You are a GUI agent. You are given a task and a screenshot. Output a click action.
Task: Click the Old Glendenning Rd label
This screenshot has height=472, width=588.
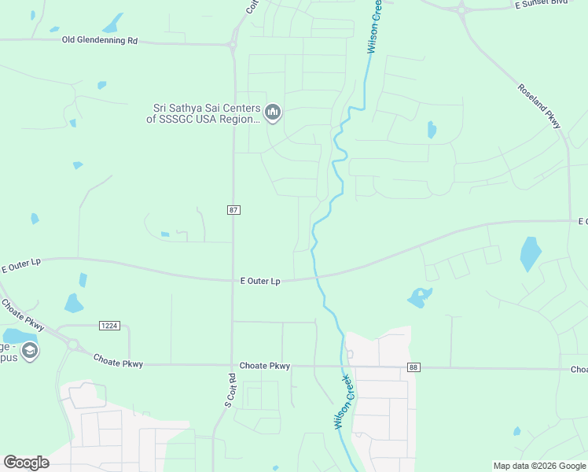click(x=100, y=40)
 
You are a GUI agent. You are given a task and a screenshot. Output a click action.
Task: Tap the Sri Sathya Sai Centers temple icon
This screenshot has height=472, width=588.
click(x=273, y=113)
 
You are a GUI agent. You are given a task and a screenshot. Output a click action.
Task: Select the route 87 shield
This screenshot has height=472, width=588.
click(x=233, y=210)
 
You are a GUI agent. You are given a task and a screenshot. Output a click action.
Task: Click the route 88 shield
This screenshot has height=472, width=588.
click(x=414, y=367)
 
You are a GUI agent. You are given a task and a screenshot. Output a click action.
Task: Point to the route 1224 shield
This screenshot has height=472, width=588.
click(x=109, y=326)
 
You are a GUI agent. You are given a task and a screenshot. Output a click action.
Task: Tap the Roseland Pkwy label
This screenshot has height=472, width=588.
click(x=539, y=105)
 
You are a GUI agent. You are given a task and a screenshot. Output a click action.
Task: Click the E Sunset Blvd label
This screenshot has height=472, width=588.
click(x=541, y=4)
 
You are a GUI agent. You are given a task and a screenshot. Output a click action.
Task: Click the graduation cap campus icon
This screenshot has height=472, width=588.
click(x=30, y=350)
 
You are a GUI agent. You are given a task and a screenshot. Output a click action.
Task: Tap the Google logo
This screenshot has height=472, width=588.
click(x=26, y=463)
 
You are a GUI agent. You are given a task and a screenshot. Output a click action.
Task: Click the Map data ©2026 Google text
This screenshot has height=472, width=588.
click(x=539, y=466)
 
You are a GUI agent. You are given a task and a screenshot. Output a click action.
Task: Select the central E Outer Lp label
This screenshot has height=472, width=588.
click(x=260, y=281)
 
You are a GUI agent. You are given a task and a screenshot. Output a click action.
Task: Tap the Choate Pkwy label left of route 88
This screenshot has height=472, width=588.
click(x=265, y=366)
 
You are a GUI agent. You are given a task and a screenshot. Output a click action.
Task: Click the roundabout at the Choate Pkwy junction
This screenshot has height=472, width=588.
click(x=74, y=344)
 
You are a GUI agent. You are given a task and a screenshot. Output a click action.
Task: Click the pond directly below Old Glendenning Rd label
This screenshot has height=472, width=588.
click(x=101, y=85)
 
